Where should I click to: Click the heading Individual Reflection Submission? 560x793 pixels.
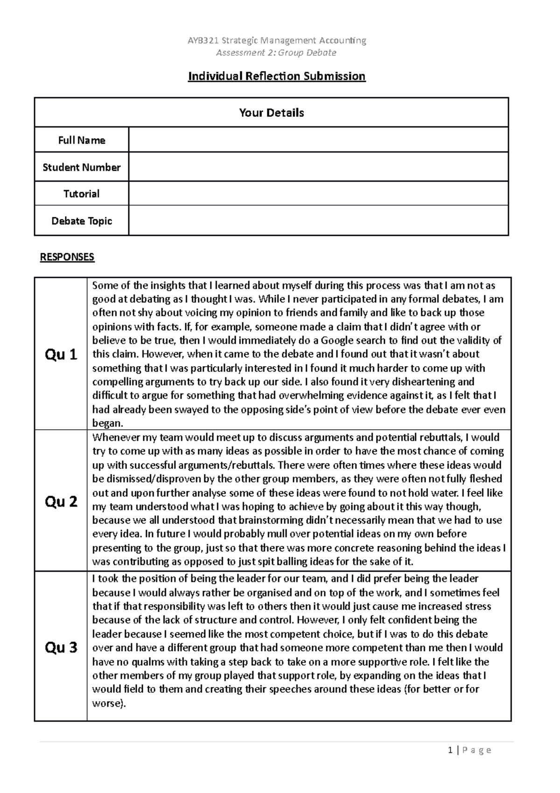click(x=276, y=76)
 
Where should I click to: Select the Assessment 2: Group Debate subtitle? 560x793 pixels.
click(x=276, y=53)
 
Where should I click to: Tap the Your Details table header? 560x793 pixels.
click(x=271, y=113)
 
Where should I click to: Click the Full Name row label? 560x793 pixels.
click(x=81, y=140)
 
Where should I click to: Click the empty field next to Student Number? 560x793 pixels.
click(x=318, y=167)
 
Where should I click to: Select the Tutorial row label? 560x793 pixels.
click(x=81, y=194)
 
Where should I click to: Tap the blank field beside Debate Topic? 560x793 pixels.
click(x=318, y=220)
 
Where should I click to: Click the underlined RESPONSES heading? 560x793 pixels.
click(x=67, y=257)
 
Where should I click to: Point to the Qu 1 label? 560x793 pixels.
click(x=61, y=355)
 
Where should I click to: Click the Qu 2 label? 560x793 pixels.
click(x=61, y=502)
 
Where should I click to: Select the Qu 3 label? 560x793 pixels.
click(x=61, y=647)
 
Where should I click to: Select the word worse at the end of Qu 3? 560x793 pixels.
click(x=107, y=703)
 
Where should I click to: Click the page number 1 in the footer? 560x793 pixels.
click(x=450, y=751)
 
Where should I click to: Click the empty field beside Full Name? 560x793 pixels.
click(x=318, y=140)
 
